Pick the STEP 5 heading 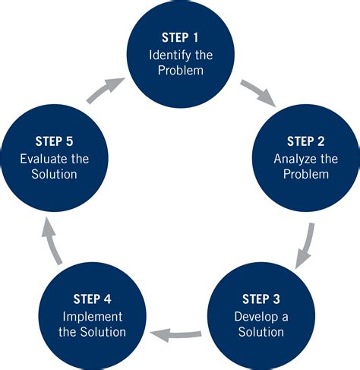click(x=54, y=142)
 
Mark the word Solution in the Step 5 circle click(x=54, y=175)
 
